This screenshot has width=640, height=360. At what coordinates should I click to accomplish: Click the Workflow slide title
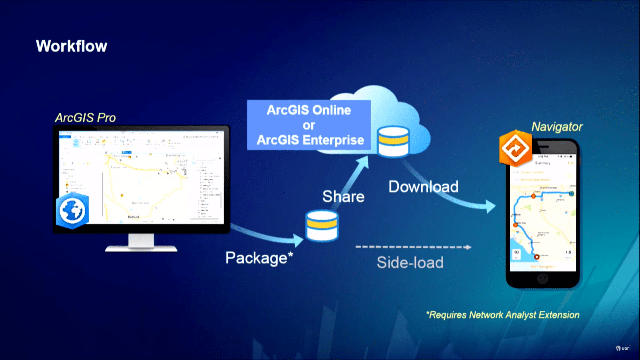point(71,46)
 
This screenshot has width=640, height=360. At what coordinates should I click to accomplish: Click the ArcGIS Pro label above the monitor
point(85,118)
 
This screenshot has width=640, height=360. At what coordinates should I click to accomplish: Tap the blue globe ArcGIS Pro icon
point(72,211)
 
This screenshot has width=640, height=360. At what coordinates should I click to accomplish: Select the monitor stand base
point(141,248)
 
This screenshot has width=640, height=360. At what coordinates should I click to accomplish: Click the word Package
point(256,258)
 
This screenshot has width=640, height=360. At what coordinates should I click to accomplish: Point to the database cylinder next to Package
point(322,226)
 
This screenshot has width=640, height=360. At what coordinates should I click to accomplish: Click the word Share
point(343,197)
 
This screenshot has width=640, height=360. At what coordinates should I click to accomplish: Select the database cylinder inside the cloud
point(393,141)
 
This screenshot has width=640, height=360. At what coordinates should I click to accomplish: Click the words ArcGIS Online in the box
point(309,110)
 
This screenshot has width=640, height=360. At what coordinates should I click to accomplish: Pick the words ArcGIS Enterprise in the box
point(310,140)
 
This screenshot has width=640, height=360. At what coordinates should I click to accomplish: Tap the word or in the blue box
point(309,126)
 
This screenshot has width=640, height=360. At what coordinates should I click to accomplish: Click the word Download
point(423,187)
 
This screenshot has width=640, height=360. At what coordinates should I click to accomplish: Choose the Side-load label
point(410,263)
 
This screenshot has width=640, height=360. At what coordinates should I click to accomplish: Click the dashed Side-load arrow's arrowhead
point(468,247)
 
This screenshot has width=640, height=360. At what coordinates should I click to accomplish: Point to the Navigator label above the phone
point(557,127)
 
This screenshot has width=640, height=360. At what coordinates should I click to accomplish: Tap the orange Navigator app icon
point(515,148)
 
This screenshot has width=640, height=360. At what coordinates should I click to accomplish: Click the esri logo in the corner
point(623,348)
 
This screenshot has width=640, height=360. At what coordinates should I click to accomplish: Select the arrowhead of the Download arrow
point(490,206)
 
